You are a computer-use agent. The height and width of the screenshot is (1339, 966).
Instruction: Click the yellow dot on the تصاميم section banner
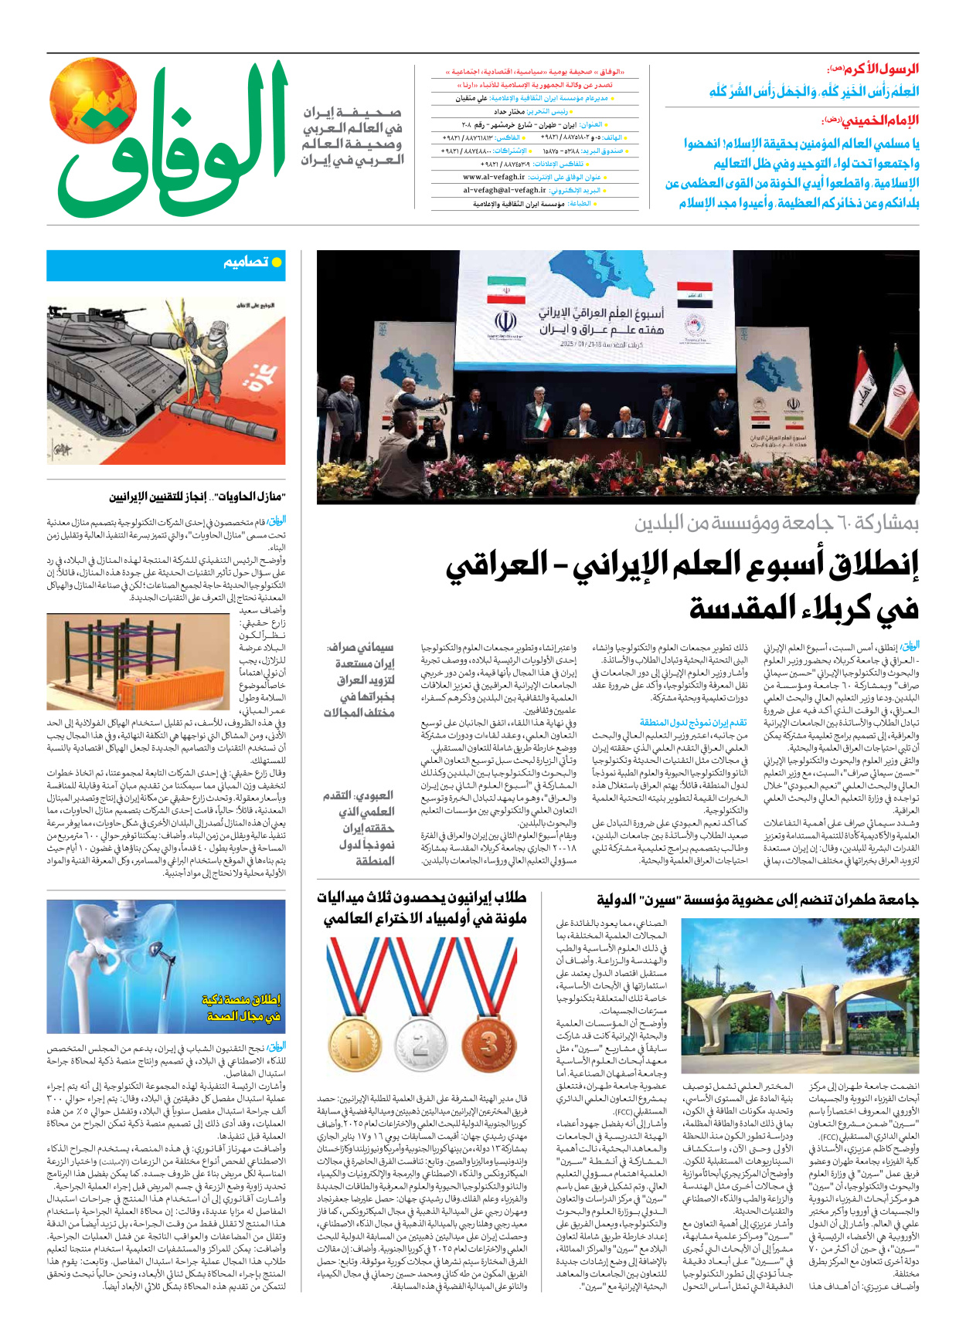277,263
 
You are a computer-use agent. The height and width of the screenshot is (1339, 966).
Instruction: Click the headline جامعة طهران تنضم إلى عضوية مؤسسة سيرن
757,900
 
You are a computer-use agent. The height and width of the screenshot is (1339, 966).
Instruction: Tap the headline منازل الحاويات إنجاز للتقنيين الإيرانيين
197,496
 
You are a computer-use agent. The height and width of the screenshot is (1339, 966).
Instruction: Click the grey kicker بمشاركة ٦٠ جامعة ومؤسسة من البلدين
776,523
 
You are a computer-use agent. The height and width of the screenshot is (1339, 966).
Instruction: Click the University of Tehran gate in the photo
800,1004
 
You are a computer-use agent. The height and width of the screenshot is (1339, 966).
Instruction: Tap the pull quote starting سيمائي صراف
359,680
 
